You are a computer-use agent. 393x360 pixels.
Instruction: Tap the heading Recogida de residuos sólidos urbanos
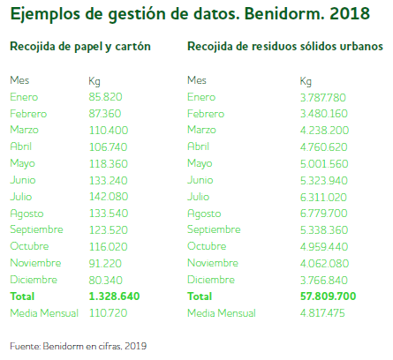point(285,47)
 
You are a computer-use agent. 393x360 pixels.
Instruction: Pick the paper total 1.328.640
point(115,296)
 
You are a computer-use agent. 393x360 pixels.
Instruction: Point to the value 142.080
point(109,196)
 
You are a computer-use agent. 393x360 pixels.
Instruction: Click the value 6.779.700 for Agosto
point(322,213)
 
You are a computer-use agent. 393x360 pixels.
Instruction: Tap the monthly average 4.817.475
point(322,312)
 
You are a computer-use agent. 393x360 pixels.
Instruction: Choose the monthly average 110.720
point(108,312)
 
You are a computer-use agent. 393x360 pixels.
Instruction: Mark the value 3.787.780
point(322,97)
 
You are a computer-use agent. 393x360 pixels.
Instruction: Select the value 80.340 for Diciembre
point(106,279)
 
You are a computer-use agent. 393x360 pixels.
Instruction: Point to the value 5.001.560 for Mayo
point(322,163)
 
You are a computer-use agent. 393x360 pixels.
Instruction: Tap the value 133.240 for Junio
point(109,179)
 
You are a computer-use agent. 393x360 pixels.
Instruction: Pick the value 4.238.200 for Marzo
point(322,130)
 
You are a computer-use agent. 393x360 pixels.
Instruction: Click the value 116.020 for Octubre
point(109,246)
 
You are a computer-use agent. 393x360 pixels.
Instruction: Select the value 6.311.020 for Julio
point(322,196)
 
